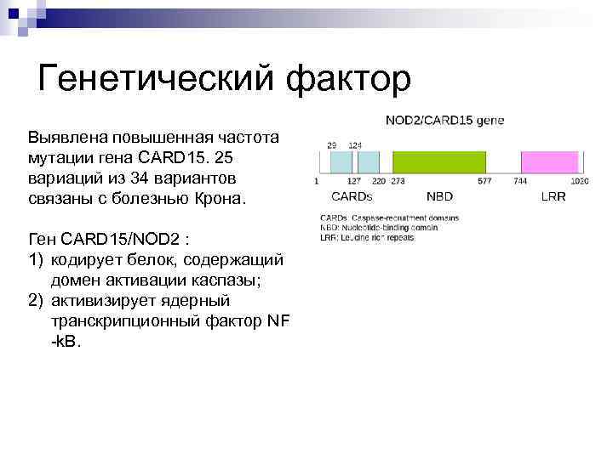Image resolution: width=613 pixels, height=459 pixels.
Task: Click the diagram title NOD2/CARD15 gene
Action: [x=444, y=121]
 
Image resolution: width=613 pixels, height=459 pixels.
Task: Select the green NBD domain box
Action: [x=438, y=161]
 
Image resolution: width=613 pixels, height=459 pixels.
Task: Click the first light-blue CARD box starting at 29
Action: [x=341, y=161]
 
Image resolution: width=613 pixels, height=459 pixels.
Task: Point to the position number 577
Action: [x=484, y=181]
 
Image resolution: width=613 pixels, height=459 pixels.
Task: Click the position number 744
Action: [x=520, y=181]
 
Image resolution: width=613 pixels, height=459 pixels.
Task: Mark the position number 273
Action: [x=397, y=181]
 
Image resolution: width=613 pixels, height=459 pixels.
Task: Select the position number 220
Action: [x=379, y=181]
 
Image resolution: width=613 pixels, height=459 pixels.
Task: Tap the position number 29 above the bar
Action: [x=332, y=145]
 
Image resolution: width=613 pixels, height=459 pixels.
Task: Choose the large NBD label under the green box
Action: [x=439, y=196]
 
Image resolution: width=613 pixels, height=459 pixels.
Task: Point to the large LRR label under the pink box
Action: [x=553, y=196]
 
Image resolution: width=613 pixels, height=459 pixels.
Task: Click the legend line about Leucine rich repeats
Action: [x=367, y=238]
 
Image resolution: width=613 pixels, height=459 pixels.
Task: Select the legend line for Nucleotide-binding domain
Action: [x=378, y=228]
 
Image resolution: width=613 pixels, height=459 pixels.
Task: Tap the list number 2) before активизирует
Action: [x=37, y=300]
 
